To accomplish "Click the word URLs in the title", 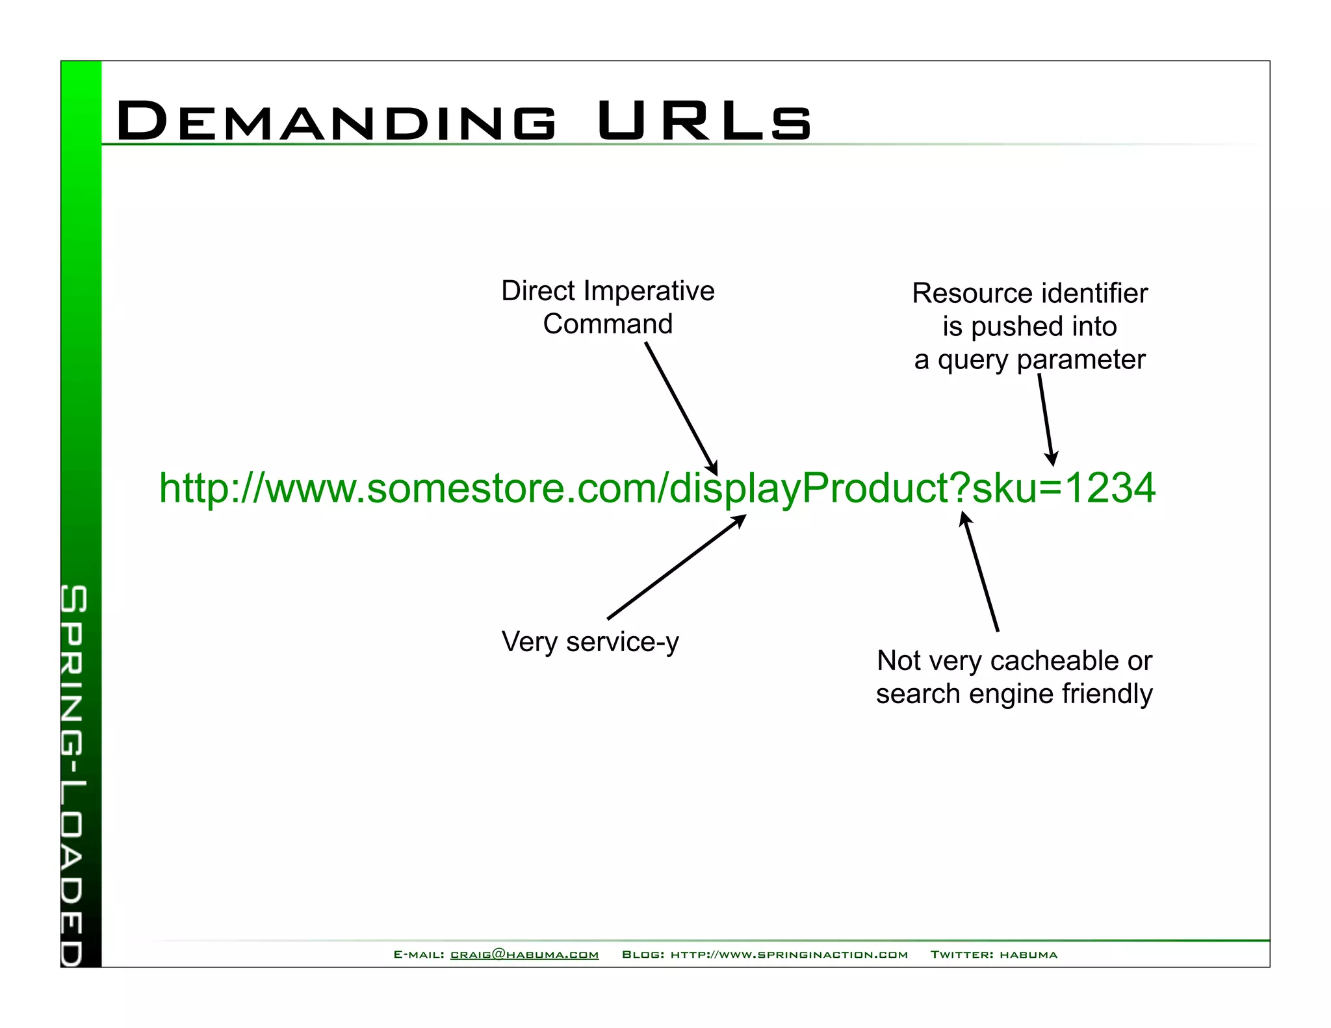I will point(704,121).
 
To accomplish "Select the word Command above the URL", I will point(608,324).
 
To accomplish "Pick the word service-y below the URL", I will point(622,643).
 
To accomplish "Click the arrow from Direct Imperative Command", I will point(681,408).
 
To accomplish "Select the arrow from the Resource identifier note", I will point(1046,419).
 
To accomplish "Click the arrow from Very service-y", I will point(676,567).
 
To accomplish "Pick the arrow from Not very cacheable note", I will point(981,572).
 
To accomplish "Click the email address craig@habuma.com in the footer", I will point(524,955).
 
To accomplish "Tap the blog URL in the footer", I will point(789,955).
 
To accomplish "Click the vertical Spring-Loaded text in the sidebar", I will point(73,773).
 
